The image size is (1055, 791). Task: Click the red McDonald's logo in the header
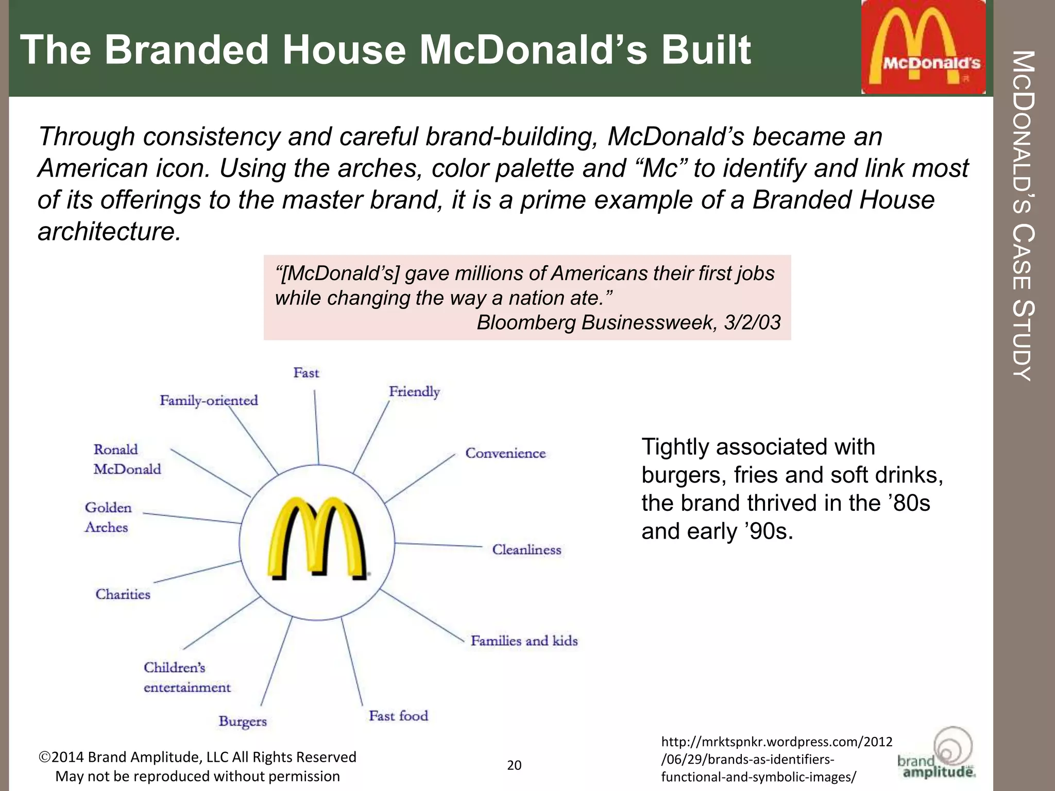click(923, 47)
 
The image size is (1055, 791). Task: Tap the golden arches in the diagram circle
click(317, 538)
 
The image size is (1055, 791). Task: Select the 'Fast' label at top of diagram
click(306, 373)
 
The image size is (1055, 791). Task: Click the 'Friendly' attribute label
click(414, 392)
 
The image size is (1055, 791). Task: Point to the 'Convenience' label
click(505, 454)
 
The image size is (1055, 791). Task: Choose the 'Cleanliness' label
click(526, 550)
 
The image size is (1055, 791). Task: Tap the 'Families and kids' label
click(524, 641)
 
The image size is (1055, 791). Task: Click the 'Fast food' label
click(398, 716)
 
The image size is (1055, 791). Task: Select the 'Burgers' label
click(243, 721)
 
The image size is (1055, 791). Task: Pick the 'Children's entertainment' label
click(187, 678)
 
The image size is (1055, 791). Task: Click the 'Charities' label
click(123, 594)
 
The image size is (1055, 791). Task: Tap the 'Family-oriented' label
click(209, 401)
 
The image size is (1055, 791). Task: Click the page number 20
click(514, 765)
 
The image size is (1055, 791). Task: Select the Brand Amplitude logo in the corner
click(937, 754)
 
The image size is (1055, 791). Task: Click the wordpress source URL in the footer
click(776, 760)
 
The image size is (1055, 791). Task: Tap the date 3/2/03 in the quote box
click(752, 323)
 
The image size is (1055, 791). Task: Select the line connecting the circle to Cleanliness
click(438, 545)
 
